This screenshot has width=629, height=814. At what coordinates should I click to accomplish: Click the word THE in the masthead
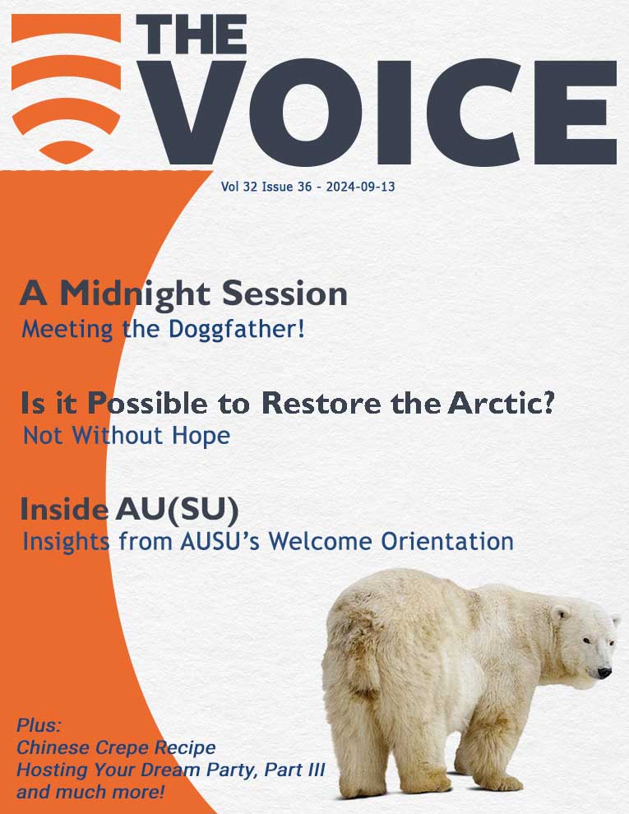[191, 34]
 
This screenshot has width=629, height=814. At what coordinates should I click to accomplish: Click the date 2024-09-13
[360, 187]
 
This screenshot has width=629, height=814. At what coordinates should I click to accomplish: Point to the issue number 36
[305, 187]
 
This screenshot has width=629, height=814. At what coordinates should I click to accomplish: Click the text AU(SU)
[177, 509]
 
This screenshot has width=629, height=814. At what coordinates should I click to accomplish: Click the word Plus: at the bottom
[39, 724]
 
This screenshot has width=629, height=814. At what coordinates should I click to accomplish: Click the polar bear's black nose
[604, 673]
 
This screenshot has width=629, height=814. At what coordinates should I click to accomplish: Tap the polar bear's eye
[586, 641]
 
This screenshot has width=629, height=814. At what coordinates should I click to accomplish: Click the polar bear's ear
[560, 614]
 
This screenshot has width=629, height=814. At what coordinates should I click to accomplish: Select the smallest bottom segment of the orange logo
[66, 151]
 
